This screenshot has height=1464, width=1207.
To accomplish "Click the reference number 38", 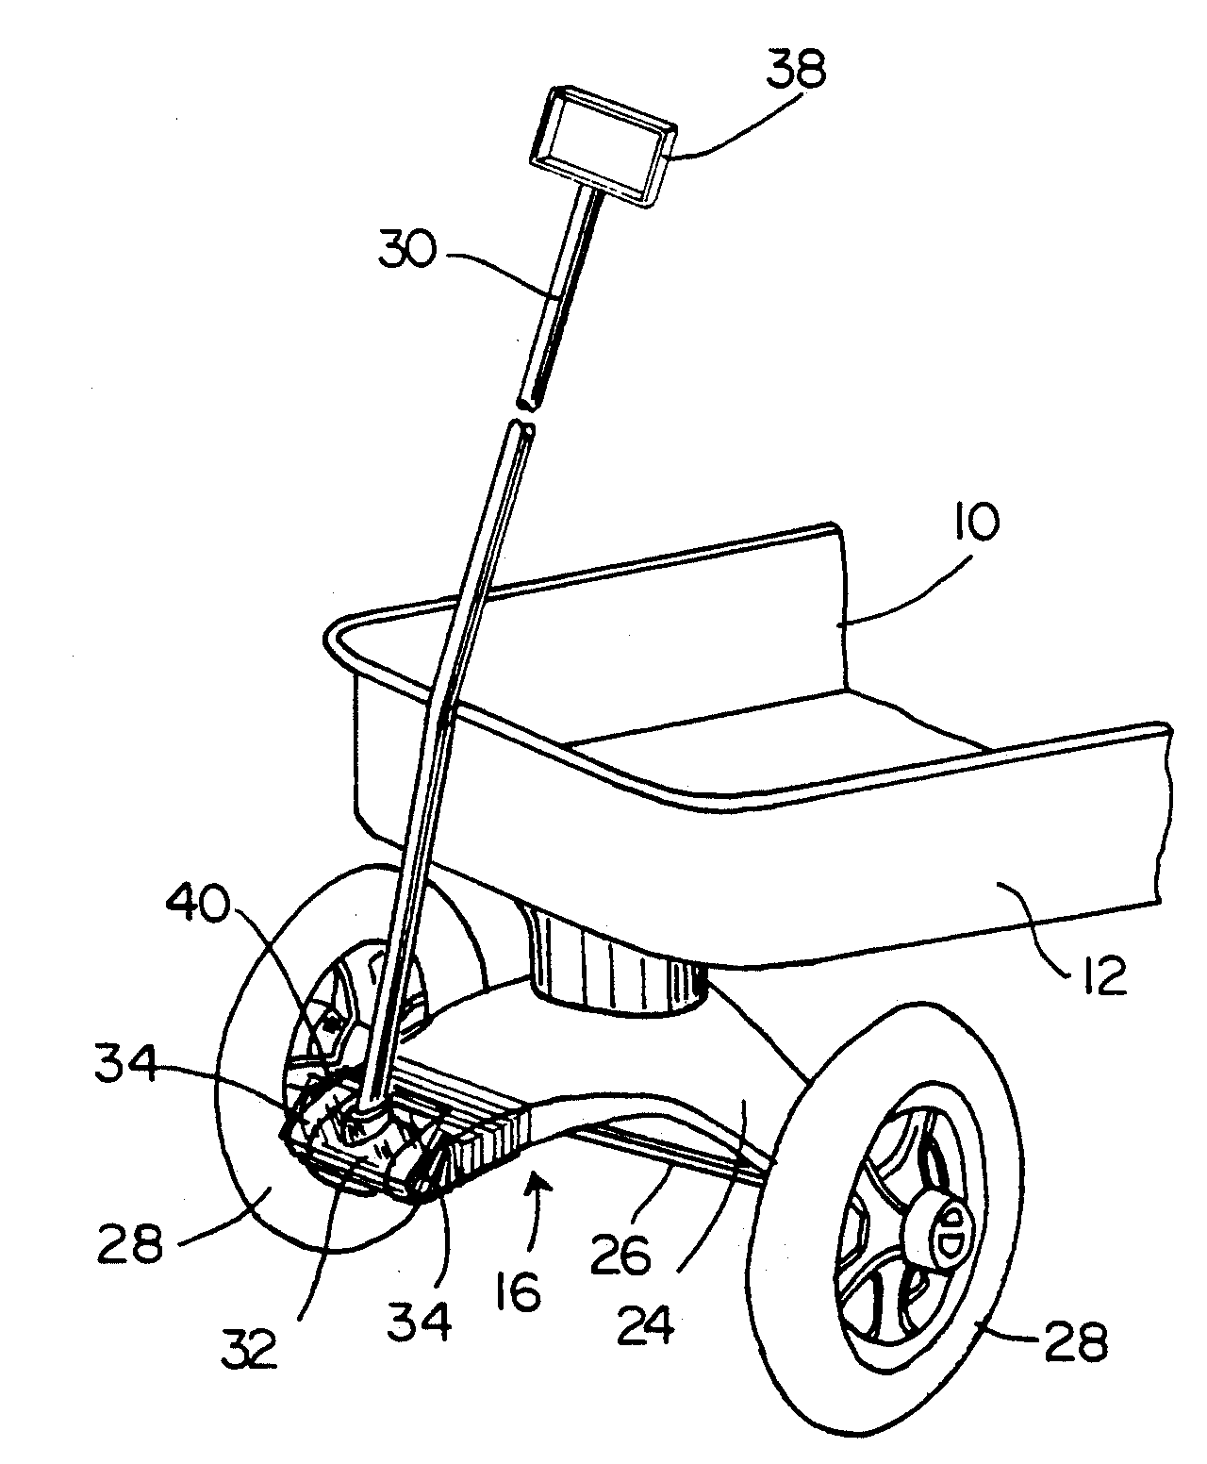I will coord(797,70).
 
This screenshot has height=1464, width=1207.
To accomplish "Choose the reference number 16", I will coord(517,1292).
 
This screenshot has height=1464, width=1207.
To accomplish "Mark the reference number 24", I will coord(647,1325).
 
